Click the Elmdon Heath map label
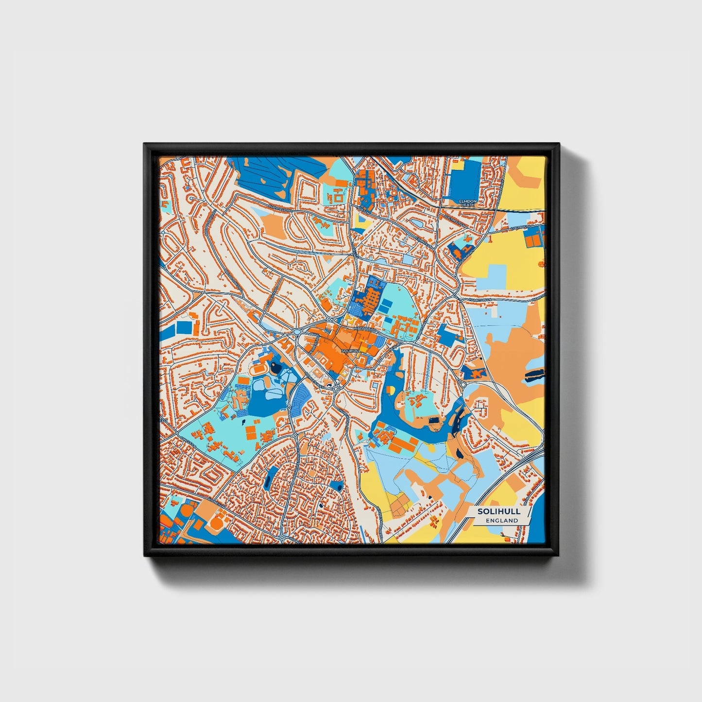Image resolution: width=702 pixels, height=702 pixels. (468, 203)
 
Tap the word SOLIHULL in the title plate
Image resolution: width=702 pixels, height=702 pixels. (498, 512)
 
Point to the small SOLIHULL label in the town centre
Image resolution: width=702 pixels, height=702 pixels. (351, 350)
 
